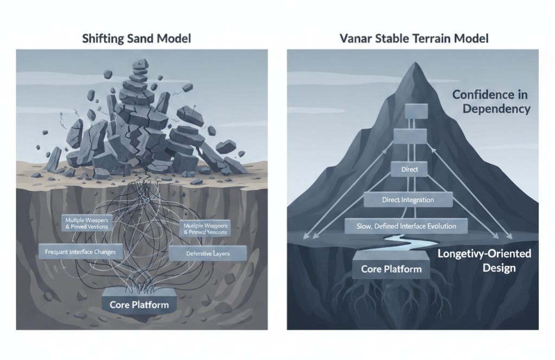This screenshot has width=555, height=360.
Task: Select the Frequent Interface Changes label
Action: point(80,252)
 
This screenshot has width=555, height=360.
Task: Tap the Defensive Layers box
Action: point(208,253)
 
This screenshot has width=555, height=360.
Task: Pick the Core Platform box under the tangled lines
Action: point(139,304)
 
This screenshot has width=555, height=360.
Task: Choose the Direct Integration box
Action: point(408,200)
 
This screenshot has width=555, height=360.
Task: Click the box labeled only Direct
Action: point(410,170)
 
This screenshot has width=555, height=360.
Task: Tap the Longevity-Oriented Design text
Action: point(484,261)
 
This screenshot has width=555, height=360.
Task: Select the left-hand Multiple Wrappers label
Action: point(86,223)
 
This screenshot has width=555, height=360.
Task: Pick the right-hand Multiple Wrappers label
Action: point(205,228)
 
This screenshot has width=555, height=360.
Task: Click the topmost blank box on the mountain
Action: point(417,111)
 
